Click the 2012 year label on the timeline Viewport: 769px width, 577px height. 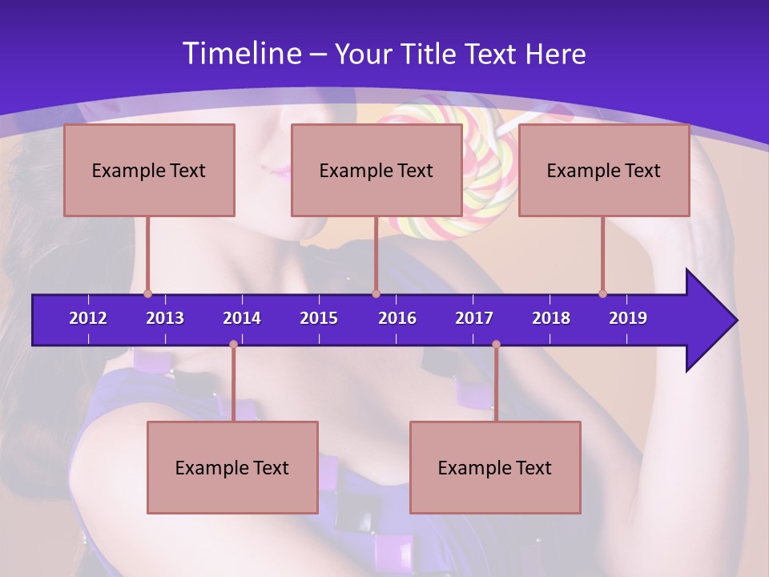[x=88, y=318]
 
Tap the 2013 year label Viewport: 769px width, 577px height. [x=165, y=318]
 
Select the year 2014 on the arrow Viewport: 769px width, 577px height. [x=242, y=318]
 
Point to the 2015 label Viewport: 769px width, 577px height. [x=319, y=318]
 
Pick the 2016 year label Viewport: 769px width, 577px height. [x=397, y=318]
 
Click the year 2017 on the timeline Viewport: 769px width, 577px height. [x=474, y=318]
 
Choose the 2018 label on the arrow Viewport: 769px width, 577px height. [x=551, y=318]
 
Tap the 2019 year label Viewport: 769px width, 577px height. [x=628, y=318]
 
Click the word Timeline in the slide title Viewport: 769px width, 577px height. [x=241, y=54]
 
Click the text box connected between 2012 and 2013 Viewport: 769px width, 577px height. [x=149, y=170]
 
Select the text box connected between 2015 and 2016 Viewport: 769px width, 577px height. [x=376, y=170]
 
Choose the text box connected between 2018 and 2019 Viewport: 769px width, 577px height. [x=604, y=170]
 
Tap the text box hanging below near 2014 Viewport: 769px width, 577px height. [x=232, y=467]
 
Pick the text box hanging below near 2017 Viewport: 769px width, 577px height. [x=495, y=467]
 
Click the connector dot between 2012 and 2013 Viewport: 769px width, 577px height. [x=147, y=294]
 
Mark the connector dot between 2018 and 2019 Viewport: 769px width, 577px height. [x=602, y=294]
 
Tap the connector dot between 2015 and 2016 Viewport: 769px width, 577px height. [x=376, y=294]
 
